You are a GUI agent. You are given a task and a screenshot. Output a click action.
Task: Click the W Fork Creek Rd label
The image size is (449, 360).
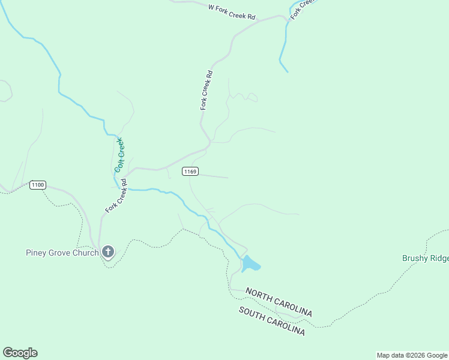[x=232, y=12]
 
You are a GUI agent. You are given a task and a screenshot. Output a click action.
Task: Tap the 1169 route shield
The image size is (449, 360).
[x=190, y=172]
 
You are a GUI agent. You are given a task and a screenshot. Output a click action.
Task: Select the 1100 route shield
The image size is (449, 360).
[x=38, y=185]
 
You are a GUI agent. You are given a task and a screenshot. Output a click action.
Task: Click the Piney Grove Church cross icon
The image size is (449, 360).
[x=108, y=251]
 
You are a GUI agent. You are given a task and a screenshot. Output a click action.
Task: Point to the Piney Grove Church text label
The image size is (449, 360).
[x=62, y=253]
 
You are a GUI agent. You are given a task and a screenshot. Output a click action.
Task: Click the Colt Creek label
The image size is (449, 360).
[x=119, y=155]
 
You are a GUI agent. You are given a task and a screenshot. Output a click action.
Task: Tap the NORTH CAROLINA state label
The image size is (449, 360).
[x=279, y=303]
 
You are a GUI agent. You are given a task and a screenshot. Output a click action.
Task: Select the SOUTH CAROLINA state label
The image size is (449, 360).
[x=271, y=321]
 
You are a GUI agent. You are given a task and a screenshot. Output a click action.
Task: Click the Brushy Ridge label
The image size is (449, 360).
[x=425, y=259]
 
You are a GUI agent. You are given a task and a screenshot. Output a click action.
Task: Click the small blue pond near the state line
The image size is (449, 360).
[x=250, y=263]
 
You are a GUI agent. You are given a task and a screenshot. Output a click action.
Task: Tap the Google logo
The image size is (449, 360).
[x=20, y=353]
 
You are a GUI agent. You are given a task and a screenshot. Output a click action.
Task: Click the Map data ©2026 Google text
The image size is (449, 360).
[x=412, y=355]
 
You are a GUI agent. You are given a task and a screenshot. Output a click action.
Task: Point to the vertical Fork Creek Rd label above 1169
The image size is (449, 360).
[x=206, y=90]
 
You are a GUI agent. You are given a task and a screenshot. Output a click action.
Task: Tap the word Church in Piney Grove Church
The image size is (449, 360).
[x=84, y=253]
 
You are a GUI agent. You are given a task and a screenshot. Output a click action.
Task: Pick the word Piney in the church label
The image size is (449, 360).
[x=35, y=253]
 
